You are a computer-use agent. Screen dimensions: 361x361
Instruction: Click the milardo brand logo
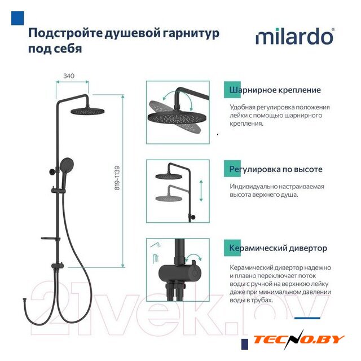coord(295,36)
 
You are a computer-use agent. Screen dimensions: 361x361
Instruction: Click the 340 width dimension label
coord(69,76)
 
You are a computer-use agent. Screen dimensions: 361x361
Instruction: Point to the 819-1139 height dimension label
coord(117,178)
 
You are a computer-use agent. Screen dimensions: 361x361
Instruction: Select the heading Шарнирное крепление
coord(275,90)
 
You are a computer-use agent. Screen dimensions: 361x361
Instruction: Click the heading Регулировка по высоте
coord(276,169)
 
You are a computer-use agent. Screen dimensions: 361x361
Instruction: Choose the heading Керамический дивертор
coord(278,248)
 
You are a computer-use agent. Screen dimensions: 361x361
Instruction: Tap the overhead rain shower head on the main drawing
coord(87,111)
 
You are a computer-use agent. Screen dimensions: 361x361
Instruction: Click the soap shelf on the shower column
coord(50,239)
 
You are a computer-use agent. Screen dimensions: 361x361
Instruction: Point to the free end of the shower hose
coord(24,300)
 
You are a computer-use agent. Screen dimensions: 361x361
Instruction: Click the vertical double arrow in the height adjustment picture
coord(201,191)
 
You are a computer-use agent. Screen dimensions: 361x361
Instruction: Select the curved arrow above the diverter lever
coord(193,257)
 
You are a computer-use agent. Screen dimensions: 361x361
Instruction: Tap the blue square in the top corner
coord(17,18)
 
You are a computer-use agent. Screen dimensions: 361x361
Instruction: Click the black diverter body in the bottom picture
coord(179,273)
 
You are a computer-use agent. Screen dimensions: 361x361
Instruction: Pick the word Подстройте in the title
coord(65,33)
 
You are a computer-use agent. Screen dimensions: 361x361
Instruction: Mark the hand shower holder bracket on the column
coord(59,191)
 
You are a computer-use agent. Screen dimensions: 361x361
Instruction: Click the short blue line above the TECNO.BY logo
coord(307,318)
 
